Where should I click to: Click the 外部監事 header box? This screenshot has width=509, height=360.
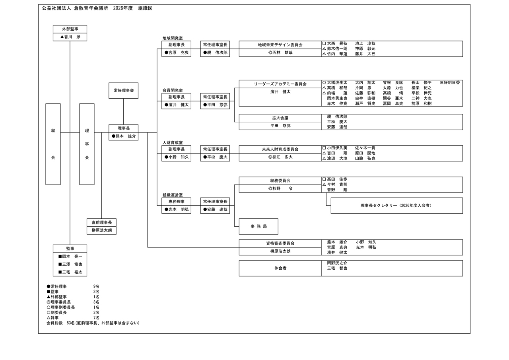click(70, 29)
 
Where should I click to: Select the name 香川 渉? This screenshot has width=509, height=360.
click(70, 37)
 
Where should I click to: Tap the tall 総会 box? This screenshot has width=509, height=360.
click(53, 144)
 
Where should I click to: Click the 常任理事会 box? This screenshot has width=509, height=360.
click(123, 91)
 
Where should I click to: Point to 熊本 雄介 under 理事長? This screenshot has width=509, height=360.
click(124, 136)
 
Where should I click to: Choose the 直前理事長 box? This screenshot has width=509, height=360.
click(101, 222)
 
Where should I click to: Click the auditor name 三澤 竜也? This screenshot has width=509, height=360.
click(70, 264)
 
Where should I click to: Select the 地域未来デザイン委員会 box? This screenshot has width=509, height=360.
click(280, 45)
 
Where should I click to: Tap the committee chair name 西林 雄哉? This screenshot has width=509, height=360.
click(280, 53)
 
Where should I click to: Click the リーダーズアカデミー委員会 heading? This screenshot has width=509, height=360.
click(280, 84)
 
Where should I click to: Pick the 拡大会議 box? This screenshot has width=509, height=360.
click(280, 118)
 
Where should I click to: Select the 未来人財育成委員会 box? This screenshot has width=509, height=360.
click(280, 149)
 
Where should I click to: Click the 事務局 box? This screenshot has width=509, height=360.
click(258, 226)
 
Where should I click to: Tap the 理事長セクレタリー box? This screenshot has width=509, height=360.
click(396, 206)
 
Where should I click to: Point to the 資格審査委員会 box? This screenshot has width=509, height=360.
click(280, 243)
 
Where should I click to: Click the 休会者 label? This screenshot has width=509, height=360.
click(280, 268)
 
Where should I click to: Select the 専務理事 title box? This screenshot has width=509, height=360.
click(176, 202)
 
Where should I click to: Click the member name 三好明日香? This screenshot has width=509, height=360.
click(450, 83)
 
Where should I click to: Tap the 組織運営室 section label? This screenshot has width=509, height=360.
click(173, 195)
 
